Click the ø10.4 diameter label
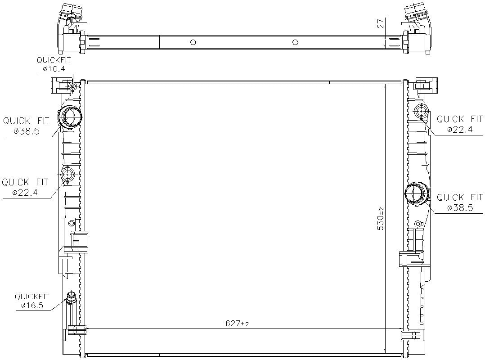[x=54, y=69]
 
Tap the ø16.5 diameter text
[x=32, y=306]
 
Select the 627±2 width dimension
[x=237, y=324]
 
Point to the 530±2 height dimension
[x=381, y=219]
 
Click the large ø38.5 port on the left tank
[x=71, y=117]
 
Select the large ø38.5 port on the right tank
[x=416, y=194]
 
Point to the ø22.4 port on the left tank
[x=68, y=174]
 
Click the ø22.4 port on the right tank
[x=422, y=111]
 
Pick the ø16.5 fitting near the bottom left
[x=71, y=298]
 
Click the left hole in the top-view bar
[x=193, y=42]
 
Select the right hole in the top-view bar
[x=295, y=42]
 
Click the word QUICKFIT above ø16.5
[x=32, y=297]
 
